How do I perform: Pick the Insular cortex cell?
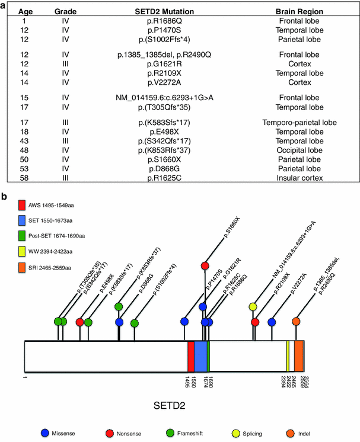pyautogui.click(x=300, y=177)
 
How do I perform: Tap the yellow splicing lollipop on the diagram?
pyautogui.click(x=253, y=307)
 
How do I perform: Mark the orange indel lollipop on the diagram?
pyautogui.click(x=296, y=322)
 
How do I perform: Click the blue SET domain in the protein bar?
pyautogui.click(x=201, y=356)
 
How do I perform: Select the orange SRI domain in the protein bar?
pyautogui.click(x=299, y=356)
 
